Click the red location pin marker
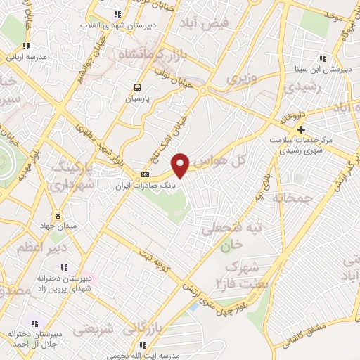point(181,165)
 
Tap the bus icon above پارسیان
point(138,88)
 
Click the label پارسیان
point(138,99)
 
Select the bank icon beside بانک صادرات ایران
point(146,174)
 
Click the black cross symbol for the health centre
point(301,129)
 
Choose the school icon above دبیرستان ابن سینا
point(322,58)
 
